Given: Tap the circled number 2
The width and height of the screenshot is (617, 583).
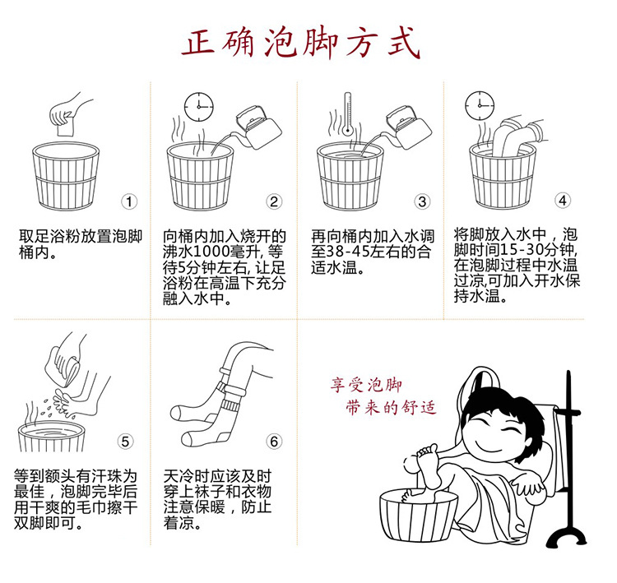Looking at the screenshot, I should [274, 201].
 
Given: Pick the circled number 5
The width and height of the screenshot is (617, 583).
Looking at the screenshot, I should [125, 441].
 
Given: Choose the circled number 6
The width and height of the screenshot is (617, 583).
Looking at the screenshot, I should [275, 442].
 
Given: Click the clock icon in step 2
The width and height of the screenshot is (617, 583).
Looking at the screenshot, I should [198, 105].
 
